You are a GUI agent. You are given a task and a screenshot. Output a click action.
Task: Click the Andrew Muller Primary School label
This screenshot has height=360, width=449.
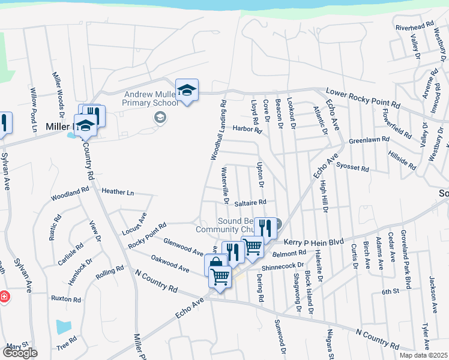151,98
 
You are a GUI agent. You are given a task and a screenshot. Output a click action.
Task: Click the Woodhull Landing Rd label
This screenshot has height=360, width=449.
217,129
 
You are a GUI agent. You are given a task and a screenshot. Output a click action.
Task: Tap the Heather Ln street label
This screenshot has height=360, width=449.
118,192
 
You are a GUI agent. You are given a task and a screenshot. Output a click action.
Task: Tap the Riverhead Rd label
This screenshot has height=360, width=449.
414,26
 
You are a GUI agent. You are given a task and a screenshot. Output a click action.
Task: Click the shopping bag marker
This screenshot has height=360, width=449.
216,263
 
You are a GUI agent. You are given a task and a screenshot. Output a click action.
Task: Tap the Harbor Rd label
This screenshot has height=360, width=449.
247,128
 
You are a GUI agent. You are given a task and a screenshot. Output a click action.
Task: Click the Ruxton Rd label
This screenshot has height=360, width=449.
65,299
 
